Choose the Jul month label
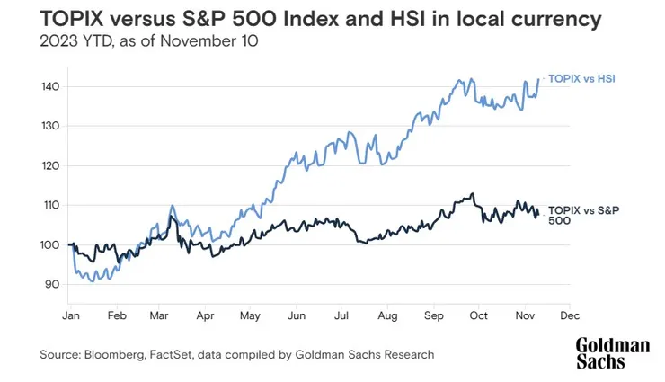tap(341, 317)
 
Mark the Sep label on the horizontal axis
tap(433, 317)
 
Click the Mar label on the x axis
tap(160, 317)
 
